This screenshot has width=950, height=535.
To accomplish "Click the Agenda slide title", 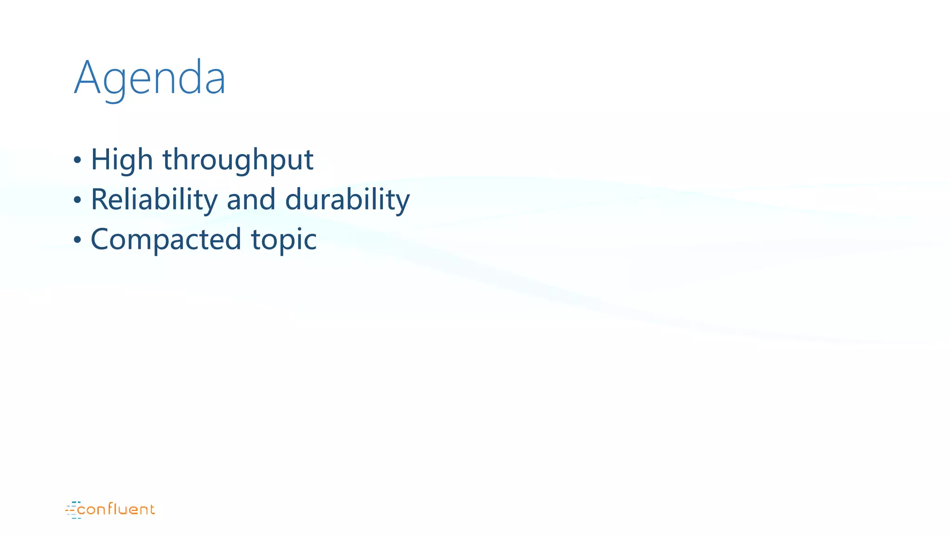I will point(149,78).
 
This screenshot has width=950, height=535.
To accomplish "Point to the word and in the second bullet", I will point(250,200).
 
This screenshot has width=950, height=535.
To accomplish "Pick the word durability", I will point(347,200).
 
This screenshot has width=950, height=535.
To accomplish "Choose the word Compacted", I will point(166,240).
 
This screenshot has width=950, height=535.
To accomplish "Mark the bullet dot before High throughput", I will point(77,161).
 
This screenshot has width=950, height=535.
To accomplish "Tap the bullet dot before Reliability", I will point(77,201).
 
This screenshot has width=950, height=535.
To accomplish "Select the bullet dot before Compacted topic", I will point(77,241).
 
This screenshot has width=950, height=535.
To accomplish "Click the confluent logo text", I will point(116,510).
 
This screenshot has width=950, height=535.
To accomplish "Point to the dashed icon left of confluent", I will point(72,510).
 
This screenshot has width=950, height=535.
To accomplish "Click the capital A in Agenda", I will point(87,78).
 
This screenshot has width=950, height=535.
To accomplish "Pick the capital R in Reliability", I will point(100,200).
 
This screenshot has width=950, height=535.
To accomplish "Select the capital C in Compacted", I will point(101,240).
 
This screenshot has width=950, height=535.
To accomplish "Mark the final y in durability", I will point(403,202).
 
